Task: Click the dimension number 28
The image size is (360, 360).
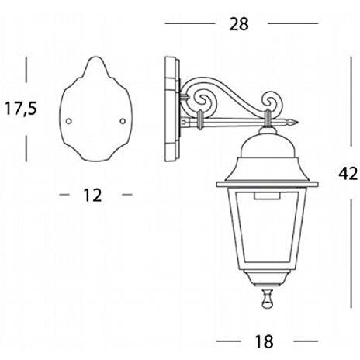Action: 240,24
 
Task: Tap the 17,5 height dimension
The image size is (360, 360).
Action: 21,107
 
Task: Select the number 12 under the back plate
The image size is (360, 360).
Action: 92,195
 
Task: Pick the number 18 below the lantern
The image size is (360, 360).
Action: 267,341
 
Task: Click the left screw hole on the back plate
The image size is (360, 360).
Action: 68,121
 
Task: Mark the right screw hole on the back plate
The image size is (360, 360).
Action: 123,120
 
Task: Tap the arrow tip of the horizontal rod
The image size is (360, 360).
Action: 296,121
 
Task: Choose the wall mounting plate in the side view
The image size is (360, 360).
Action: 172,109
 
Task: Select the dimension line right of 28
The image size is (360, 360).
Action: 295,24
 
